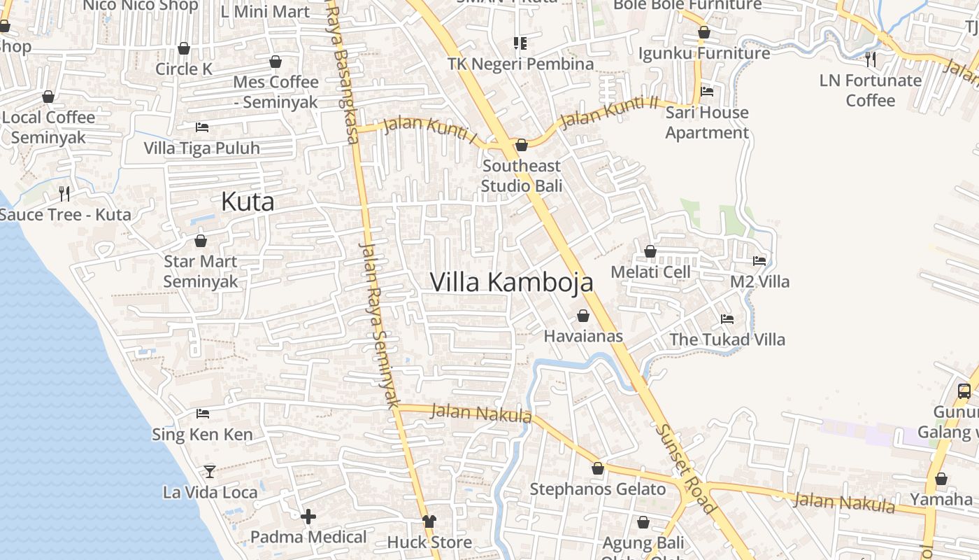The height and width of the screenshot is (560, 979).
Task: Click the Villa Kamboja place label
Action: pyautogui.click(x=511, y=282)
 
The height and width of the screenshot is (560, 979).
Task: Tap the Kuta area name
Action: pyautogui.click(x=247, y=202)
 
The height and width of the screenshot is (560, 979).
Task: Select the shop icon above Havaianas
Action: pyautogui.click(x=583, y=316)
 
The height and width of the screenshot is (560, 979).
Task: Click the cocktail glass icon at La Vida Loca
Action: pyautogui.click(x=209, y=471)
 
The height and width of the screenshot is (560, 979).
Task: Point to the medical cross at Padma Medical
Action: pyautogui.click(x=308, y=517)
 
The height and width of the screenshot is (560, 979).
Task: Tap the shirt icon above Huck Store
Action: pyautogui.click(x=429, y=521)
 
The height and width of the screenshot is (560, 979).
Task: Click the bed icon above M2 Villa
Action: pyautogui.click(x=759, y=261)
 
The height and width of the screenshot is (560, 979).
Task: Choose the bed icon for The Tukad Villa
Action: pyautogui.click(x=727, y=319)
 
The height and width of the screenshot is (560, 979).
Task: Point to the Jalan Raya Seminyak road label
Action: pyautogui.click(x=378, y=325)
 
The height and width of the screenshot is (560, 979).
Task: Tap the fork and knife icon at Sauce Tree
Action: pyautogui.click(x=64, y=193)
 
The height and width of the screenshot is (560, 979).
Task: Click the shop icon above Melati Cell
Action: pyautogui.click(x=650, y=251)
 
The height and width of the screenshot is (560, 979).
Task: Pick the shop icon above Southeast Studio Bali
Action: pyautogui.click(x=521, y=145)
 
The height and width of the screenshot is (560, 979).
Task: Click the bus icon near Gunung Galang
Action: pyautogui.click(x=964, y=391)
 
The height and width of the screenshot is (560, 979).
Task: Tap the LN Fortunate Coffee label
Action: pyautogui.click(x=870, y=90)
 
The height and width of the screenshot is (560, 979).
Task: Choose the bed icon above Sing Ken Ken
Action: pyautogui.click(x=203, y=414)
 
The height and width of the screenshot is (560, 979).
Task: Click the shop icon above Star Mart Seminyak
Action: pyautogui.click(x=201, y=241)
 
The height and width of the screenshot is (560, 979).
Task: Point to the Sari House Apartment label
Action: pyautogui.click(x=706, y=122)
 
